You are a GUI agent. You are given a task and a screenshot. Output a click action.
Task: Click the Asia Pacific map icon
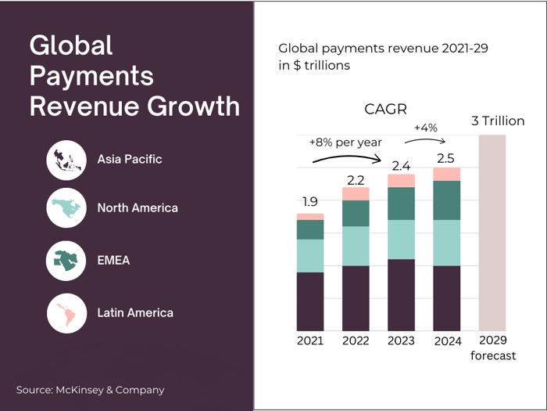66,160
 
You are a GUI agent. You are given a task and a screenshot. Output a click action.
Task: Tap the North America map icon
66,208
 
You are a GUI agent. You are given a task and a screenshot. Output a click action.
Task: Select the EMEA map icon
66,261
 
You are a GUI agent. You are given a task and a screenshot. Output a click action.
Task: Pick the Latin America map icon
66,313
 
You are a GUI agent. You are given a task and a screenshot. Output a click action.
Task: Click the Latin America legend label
135,313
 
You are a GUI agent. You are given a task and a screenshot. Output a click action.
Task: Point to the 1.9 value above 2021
310,202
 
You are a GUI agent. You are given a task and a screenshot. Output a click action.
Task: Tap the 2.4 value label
401,165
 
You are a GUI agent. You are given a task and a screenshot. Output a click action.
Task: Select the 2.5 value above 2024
447,158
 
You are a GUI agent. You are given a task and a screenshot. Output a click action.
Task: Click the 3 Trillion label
498,121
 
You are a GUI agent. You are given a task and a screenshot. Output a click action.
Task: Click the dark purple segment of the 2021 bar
310,301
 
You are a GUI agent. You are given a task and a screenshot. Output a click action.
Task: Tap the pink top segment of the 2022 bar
356,194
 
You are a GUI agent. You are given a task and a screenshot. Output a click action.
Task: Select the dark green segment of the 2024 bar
447,200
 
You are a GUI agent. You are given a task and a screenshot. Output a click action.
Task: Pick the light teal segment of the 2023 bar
401,240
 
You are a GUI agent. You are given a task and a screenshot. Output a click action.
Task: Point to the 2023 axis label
401,341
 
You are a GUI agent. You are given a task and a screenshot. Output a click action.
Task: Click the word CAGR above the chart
385,109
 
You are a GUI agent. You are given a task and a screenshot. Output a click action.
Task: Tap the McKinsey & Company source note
91,390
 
